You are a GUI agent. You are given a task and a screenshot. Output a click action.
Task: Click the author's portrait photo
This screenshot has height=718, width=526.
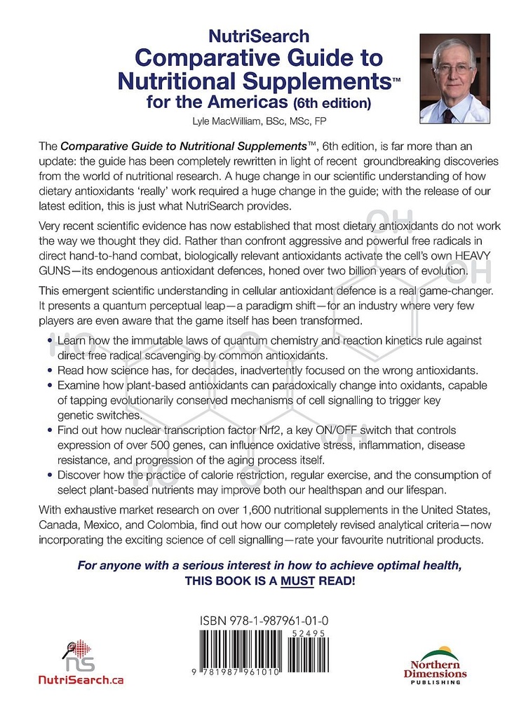454,78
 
